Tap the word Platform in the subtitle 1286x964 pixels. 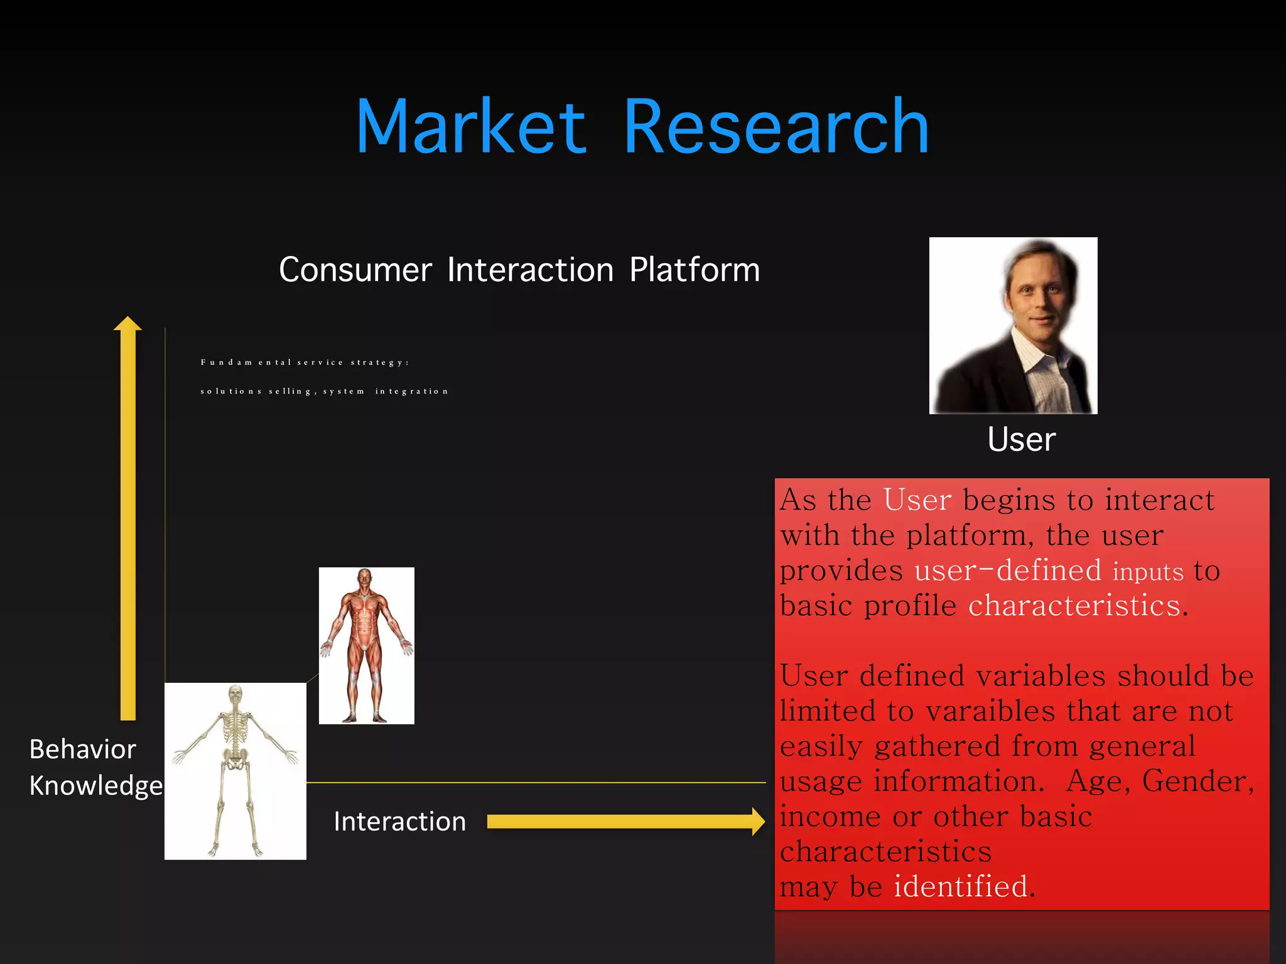694,270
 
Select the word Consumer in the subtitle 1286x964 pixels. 355,270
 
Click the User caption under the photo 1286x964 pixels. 1021,439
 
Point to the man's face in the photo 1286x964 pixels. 1039,295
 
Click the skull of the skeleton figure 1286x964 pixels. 235,695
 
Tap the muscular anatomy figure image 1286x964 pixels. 366,645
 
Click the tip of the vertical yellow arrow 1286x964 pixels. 127,321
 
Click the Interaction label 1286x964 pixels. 400,822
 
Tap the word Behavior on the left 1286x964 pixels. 83,749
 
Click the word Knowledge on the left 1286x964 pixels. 96,786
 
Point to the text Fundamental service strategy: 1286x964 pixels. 305,362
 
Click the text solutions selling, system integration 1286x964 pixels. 324,391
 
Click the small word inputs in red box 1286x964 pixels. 1147,572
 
